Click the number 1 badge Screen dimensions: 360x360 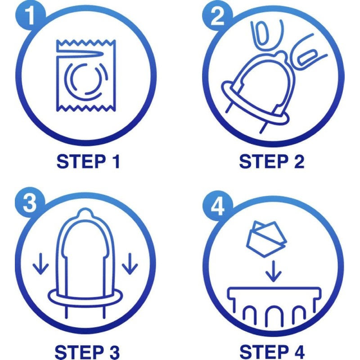30,16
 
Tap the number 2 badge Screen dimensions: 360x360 217,16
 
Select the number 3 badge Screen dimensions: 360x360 30,202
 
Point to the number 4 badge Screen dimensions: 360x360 217,206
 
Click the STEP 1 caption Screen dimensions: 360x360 88,162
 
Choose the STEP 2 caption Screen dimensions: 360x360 272,162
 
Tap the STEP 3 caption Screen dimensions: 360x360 87,352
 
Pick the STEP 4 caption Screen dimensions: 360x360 272,352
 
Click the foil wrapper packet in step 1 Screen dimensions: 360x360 86,76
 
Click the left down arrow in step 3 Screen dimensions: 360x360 40,264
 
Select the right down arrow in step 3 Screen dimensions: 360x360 130,264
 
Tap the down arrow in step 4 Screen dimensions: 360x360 273,271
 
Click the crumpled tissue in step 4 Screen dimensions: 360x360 266,239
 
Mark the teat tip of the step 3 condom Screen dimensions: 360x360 85,213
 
